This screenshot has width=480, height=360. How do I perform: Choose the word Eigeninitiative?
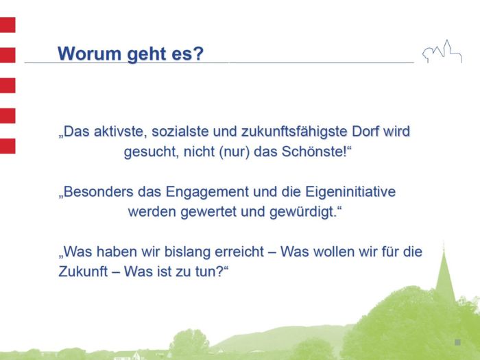point(346,192)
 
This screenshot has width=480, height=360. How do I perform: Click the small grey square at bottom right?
point(457,341)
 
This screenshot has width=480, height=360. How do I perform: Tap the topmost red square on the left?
point(8,26)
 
